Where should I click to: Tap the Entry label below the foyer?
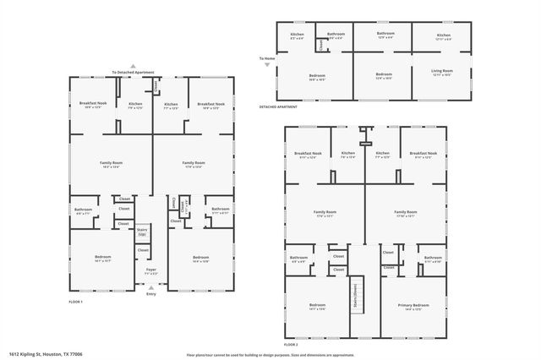pyautogui.click(x=151, y=293)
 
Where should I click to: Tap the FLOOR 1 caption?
pyautogui.click(x=76, y=302)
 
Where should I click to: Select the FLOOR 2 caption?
pyautogui.click(x=292, y=345)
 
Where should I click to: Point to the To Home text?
pyautogui.click(x=268, y=58)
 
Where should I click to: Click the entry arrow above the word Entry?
pyautogui.click(x=151, y=287)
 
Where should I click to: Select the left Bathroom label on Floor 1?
pyautogui.click(x=83, y=210)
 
